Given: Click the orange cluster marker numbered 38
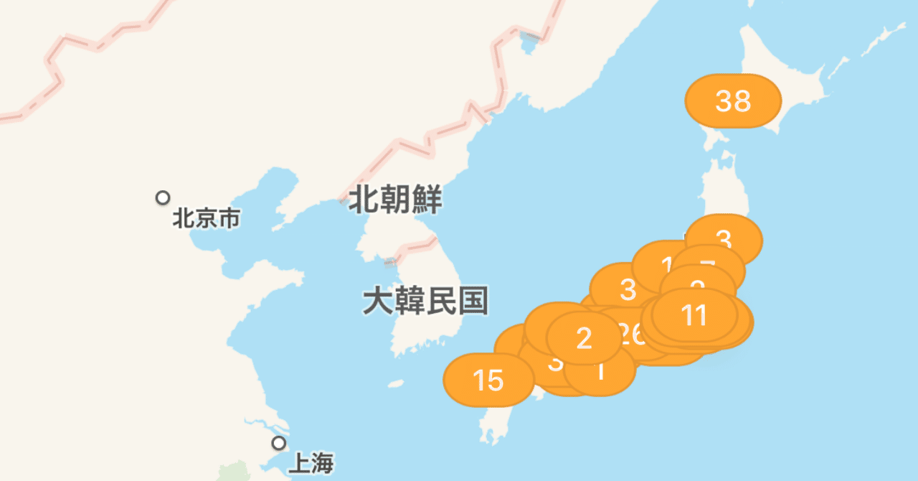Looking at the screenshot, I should [733, 101].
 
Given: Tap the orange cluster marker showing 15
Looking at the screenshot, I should [488, 380].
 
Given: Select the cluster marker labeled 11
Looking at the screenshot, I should [694, 315].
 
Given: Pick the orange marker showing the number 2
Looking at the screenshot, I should [584, 338].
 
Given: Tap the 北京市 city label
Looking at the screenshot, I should [206, 218].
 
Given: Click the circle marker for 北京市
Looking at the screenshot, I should [164, 197].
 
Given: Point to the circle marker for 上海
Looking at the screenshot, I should [278, 443].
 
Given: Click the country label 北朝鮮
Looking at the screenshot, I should [395, 200].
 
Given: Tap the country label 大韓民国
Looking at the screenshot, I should [425, 301].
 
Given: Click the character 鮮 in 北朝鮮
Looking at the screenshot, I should [427, 200].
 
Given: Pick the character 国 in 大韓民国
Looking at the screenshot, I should [473, 301].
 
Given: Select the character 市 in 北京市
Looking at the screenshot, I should [229, 218].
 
